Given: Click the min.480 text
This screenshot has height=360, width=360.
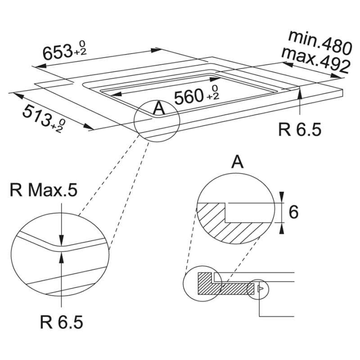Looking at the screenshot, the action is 320,43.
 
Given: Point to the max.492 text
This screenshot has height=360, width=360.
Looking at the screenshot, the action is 316,60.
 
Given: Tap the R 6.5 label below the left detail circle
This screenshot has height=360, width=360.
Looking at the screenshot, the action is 61,322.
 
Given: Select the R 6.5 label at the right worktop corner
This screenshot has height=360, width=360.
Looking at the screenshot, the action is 300,130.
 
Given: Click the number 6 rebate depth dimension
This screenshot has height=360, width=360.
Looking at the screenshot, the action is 293,212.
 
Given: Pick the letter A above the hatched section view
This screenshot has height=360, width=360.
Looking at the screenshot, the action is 238,162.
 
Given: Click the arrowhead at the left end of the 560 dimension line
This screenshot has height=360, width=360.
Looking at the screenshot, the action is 116,94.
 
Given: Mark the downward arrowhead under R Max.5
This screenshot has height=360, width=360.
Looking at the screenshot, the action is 61,240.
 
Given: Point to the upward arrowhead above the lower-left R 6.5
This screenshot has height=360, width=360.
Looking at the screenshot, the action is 61,257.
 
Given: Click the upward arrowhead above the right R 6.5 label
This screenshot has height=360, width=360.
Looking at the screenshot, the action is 300,93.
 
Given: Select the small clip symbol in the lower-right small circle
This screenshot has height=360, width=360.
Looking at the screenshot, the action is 261,288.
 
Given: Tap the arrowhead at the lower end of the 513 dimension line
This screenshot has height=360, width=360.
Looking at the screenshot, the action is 88,126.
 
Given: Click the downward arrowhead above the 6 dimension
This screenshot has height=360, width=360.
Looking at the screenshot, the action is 282,198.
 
